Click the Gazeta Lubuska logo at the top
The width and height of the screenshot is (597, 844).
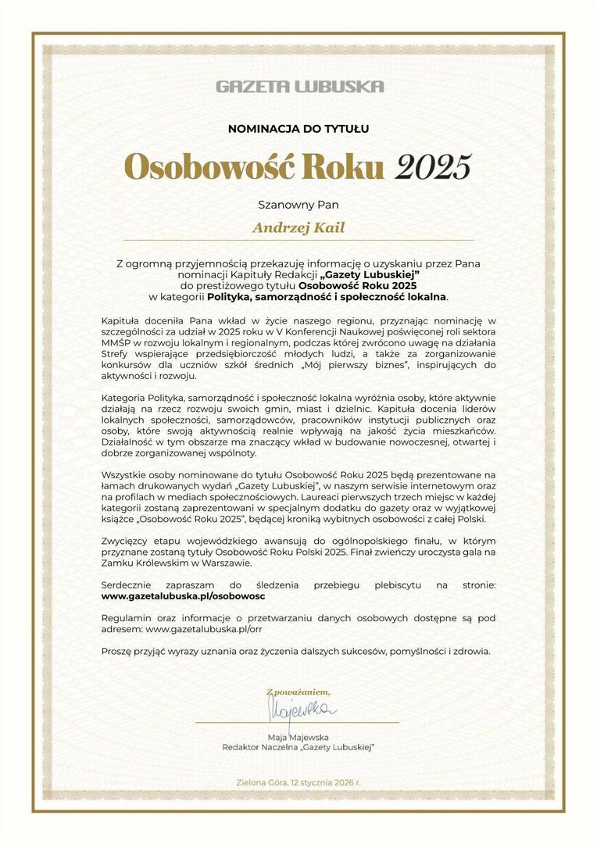click(300, 86)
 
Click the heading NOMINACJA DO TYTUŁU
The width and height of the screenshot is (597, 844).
click(298, 129)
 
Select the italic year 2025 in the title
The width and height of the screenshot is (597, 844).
click(434, 167)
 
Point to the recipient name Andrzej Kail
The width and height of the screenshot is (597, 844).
click(298, 228)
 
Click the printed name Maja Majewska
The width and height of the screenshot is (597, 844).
click(298, 737)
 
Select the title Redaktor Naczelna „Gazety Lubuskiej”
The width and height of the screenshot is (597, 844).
click(298, 748)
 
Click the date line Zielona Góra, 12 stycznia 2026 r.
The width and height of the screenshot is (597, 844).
click(298, 782)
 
